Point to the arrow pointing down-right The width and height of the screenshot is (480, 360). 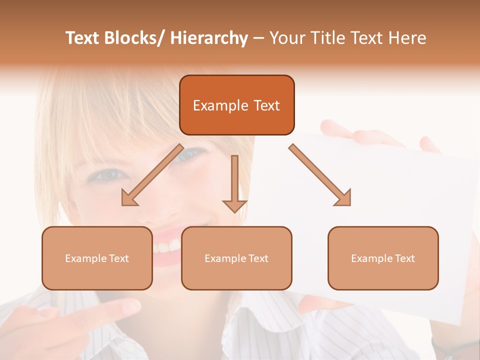pos(320,175)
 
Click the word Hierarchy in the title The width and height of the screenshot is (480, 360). pos(209,38)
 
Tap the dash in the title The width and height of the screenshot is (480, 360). pos(258,38)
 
